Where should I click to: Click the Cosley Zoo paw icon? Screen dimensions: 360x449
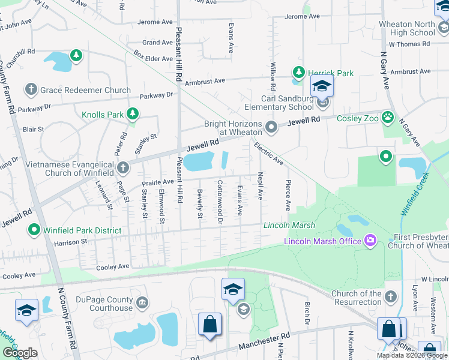pos(388,118)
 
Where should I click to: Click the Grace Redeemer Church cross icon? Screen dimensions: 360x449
pos(31,90)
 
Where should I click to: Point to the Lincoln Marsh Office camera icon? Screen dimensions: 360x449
pos(371,241)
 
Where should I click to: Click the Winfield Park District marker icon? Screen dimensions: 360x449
pos(34,230)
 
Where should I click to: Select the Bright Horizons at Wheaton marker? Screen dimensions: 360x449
pos(271,127)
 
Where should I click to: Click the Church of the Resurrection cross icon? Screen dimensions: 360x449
pos(390,297)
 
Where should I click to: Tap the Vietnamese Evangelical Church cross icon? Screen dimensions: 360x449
pos(122,167)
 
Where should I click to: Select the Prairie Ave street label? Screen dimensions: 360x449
pos(157,181)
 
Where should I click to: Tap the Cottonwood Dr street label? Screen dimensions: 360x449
pos(220,203)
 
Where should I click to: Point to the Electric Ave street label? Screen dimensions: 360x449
pos(268,154)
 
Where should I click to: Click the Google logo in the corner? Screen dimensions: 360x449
pos(20,353)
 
